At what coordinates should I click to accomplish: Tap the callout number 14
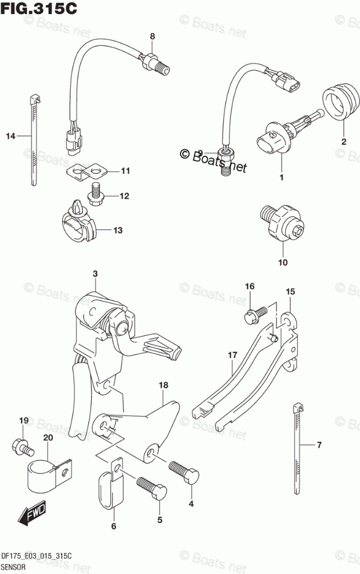tap(9, 137)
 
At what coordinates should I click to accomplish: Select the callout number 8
tap(152, 37)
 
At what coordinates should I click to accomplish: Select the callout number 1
tap(281, 177)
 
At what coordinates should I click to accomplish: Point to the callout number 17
tap(232, 355)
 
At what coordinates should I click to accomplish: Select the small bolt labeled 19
tap(20, 446)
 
